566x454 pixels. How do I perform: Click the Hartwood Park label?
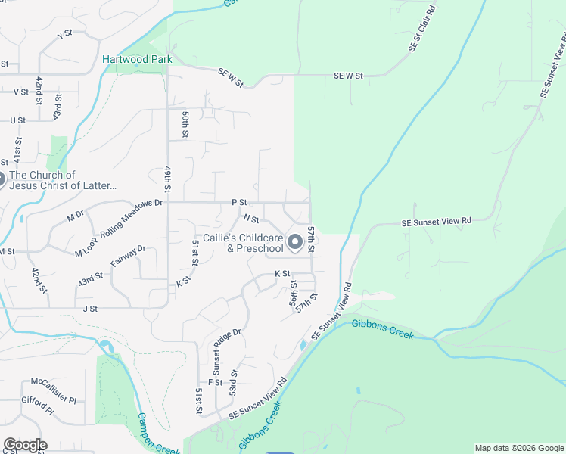coord(138,59)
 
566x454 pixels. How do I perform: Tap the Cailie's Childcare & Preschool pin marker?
coord(295,243)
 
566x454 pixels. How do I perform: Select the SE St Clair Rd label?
coord(422,29)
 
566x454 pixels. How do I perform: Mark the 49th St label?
coord(165,181)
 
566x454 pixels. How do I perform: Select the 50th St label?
coord(185,124)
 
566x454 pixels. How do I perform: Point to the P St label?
coord(239,203)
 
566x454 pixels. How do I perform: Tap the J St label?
coord(91,309)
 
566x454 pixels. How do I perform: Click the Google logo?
coord(24,445)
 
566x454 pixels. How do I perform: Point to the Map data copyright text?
coord(518,448)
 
